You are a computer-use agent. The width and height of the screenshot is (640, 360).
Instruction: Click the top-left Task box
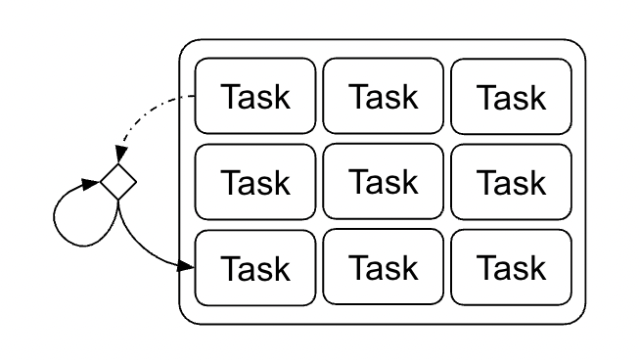coord(255,96)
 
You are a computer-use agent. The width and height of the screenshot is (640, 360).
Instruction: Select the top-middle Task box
coord(383,96)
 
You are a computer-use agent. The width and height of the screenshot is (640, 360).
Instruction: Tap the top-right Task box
coord(511,96)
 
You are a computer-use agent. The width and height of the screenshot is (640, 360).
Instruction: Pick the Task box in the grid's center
coord(383,181)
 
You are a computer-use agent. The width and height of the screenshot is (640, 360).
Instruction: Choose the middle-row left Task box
coord(255,181)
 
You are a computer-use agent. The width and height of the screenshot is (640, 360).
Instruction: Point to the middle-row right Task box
coord(511,181)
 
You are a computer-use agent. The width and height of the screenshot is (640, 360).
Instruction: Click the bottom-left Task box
coord(255,266)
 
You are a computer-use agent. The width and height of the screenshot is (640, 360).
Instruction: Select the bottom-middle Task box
coord(383,266)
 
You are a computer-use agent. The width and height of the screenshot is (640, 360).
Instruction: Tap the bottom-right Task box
coord(511,266)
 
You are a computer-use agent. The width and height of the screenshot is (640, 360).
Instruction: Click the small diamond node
coord(117,181)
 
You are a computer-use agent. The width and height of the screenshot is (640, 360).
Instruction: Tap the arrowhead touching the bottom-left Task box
coord(188,265)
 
